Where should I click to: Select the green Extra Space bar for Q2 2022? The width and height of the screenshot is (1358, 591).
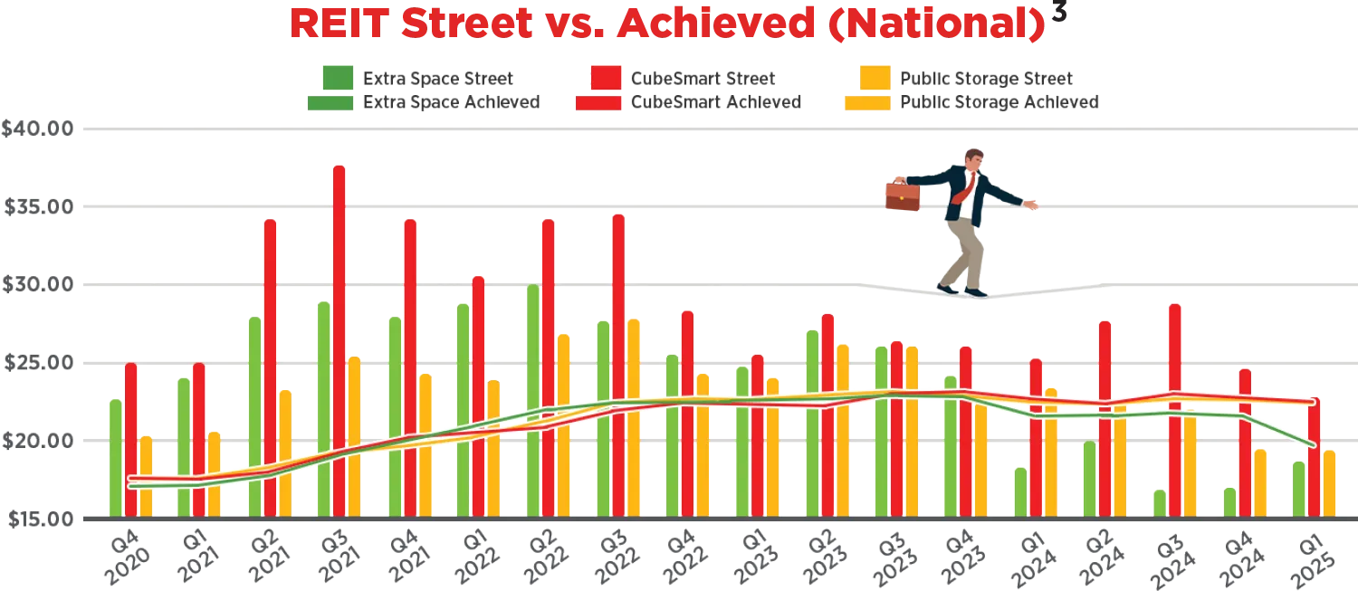click(532, 398)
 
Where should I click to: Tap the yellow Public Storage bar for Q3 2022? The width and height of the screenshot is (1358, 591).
click(634, 416)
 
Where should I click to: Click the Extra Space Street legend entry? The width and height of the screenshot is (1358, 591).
click(437, 79)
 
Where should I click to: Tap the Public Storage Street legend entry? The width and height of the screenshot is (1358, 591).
click(985, 79)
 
